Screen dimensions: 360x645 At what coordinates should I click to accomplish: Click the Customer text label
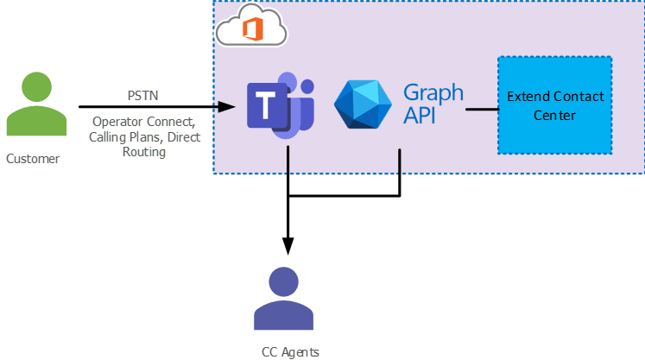33,159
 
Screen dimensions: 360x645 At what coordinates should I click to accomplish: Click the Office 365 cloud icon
251,30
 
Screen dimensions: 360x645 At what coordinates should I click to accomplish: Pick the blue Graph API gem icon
364,109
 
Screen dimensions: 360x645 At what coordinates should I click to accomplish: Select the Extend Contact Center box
554,104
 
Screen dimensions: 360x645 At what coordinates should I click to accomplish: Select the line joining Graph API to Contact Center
483,110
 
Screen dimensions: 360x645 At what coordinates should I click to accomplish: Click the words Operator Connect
142,123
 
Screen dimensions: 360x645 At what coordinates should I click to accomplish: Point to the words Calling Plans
124,137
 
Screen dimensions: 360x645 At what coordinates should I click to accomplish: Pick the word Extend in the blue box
527,96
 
